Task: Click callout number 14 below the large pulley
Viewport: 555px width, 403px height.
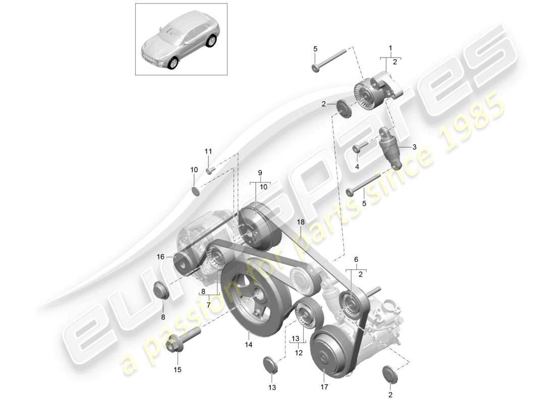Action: [249, 345]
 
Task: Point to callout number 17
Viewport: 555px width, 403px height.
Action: [324, 387]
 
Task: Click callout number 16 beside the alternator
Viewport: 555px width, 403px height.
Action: [160, 256]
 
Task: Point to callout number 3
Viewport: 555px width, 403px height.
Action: [414, 147]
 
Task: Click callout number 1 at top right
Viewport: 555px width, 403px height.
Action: [390, 48]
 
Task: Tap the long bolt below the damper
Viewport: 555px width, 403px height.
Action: [363, 184]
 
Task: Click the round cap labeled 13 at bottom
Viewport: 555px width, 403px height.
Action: [270, 365]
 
